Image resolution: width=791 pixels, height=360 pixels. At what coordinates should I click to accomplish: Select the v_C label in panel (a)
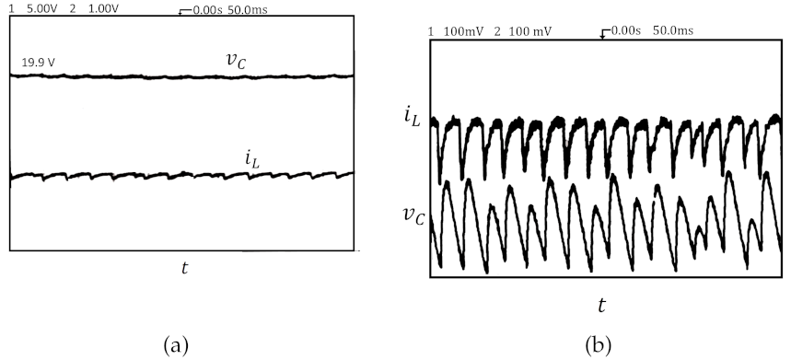pyautogui.click(x=237, y=60)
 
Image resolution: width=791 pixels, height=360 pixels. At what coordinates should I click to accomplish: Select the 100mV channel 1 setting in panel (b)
pyautogui.click(x=460, y=31)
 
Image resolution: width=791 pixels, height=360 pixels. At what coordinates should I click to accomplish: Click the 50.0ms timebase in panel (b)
pyautogui.click(x=672, y=31)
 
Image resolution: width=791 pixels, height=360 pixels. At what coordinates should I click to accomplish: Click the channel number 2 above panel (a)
pyautogui.click(x=73, y=8)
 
